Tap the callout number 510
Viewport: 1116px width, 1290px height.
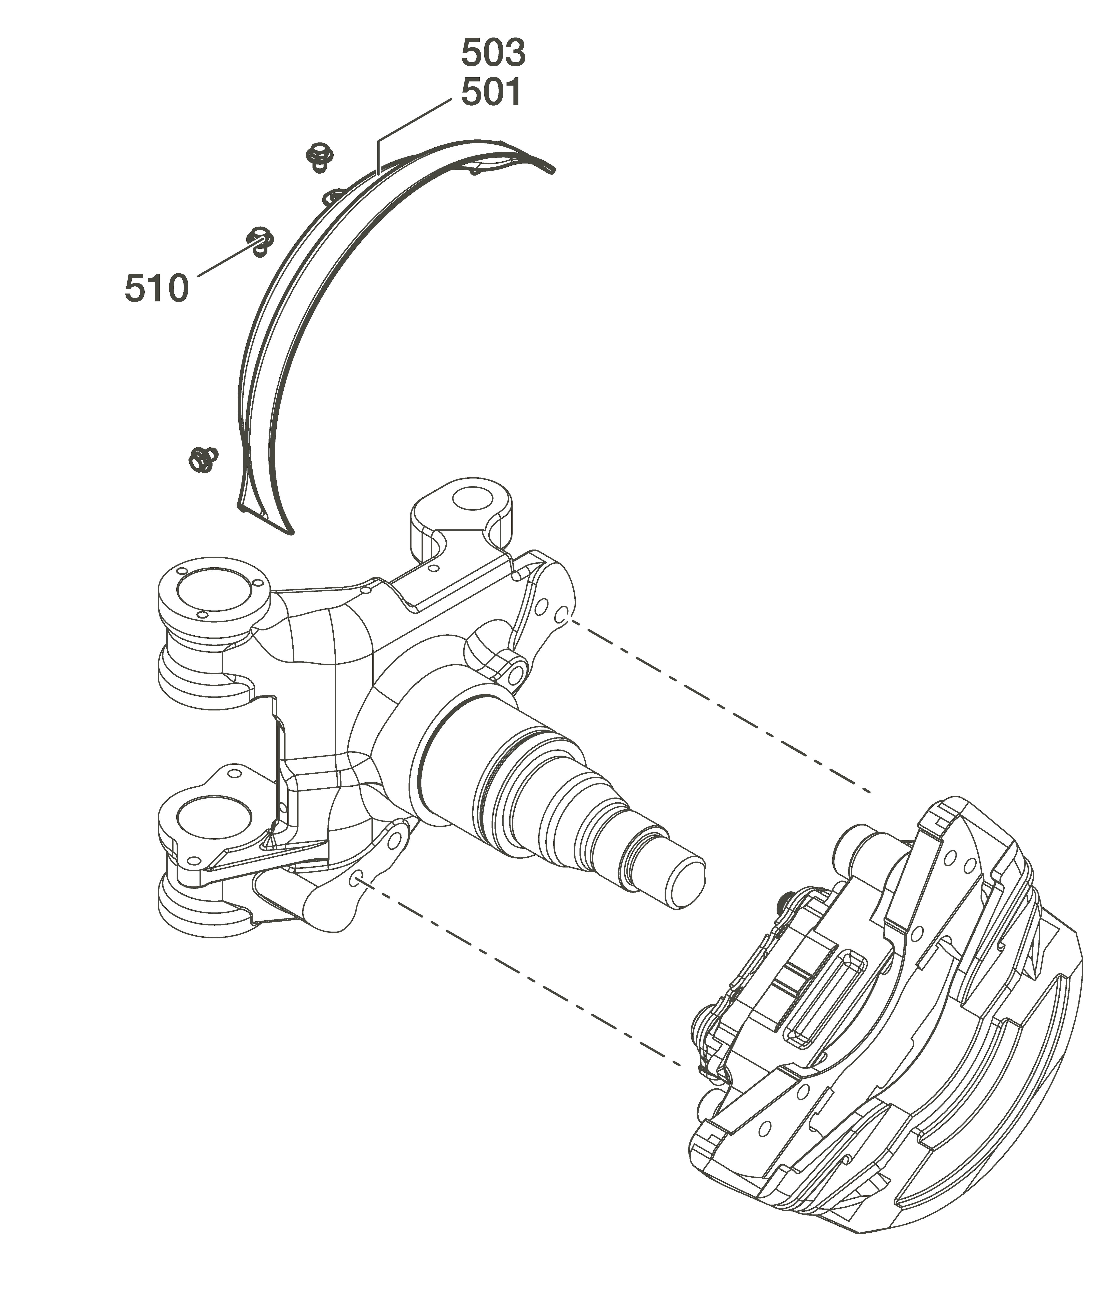pyautogui.click(x=156, y=288)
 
